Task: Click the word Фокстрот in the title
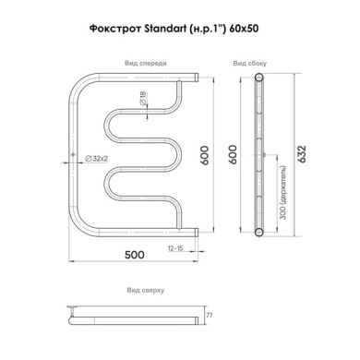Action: point(115,29)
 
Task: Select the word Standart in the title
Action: point(165,29)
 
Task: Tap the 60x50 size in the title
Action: point(244,29)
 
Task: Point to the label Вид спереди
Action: point(146,63)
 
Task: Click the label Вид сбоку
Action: point(250,64)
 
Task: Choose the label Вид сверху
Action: point(146,290)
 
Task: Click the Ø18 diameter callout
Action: point(143,99)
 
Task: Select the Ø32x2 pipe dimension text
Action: point(96,159)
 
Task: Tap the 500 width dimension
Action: point(134,255)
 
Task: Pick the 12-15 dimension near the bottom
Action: point(175,248)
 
